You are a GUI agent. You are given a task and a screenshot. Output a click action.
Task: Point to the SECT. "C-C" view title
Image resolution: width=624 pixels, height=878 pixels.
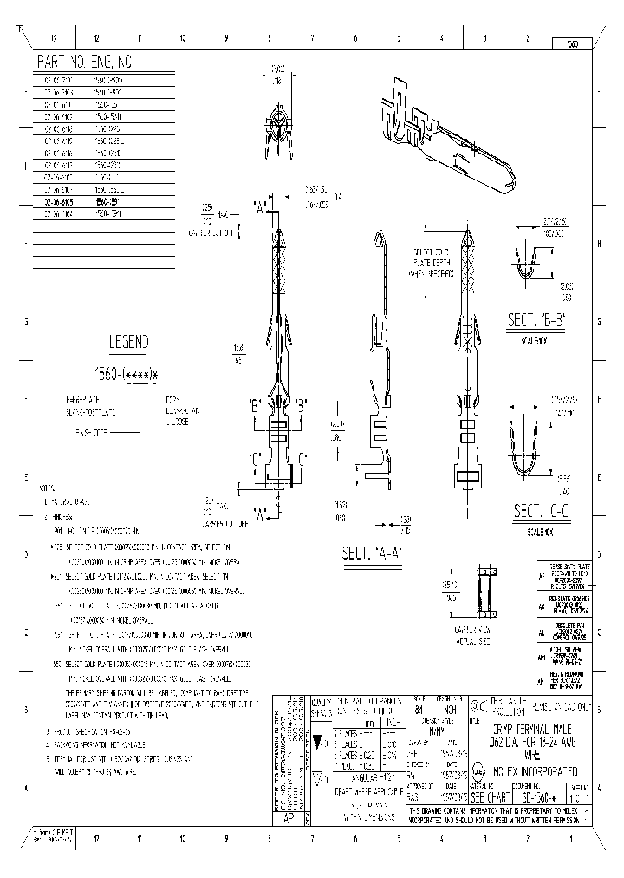click(x=540, y=509)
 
